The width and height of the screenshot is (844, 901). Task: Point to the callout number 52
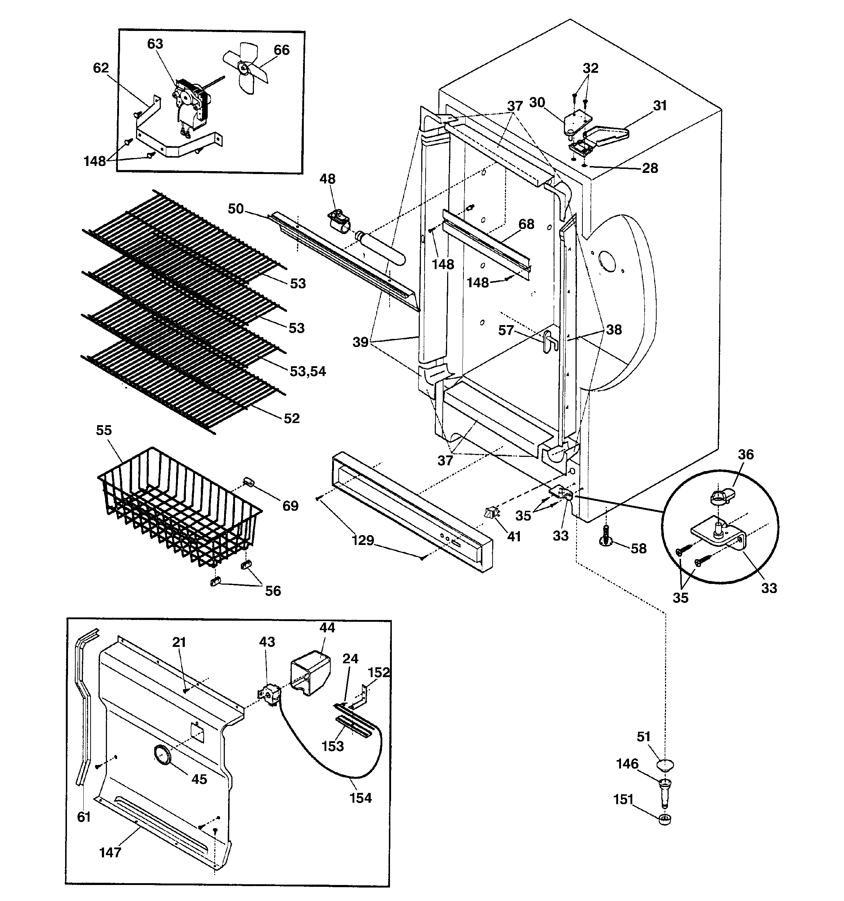coord(291,418)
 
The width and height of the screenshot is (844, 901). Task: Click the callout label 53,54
coord(308,371)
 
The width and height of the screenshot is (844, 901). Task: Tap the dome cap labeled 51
coord(665,766)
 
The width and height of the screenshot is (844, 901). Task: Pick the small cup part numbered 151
coord(664,819)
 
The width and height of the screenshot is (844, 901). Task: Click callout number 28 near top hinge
coord(650,168)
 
